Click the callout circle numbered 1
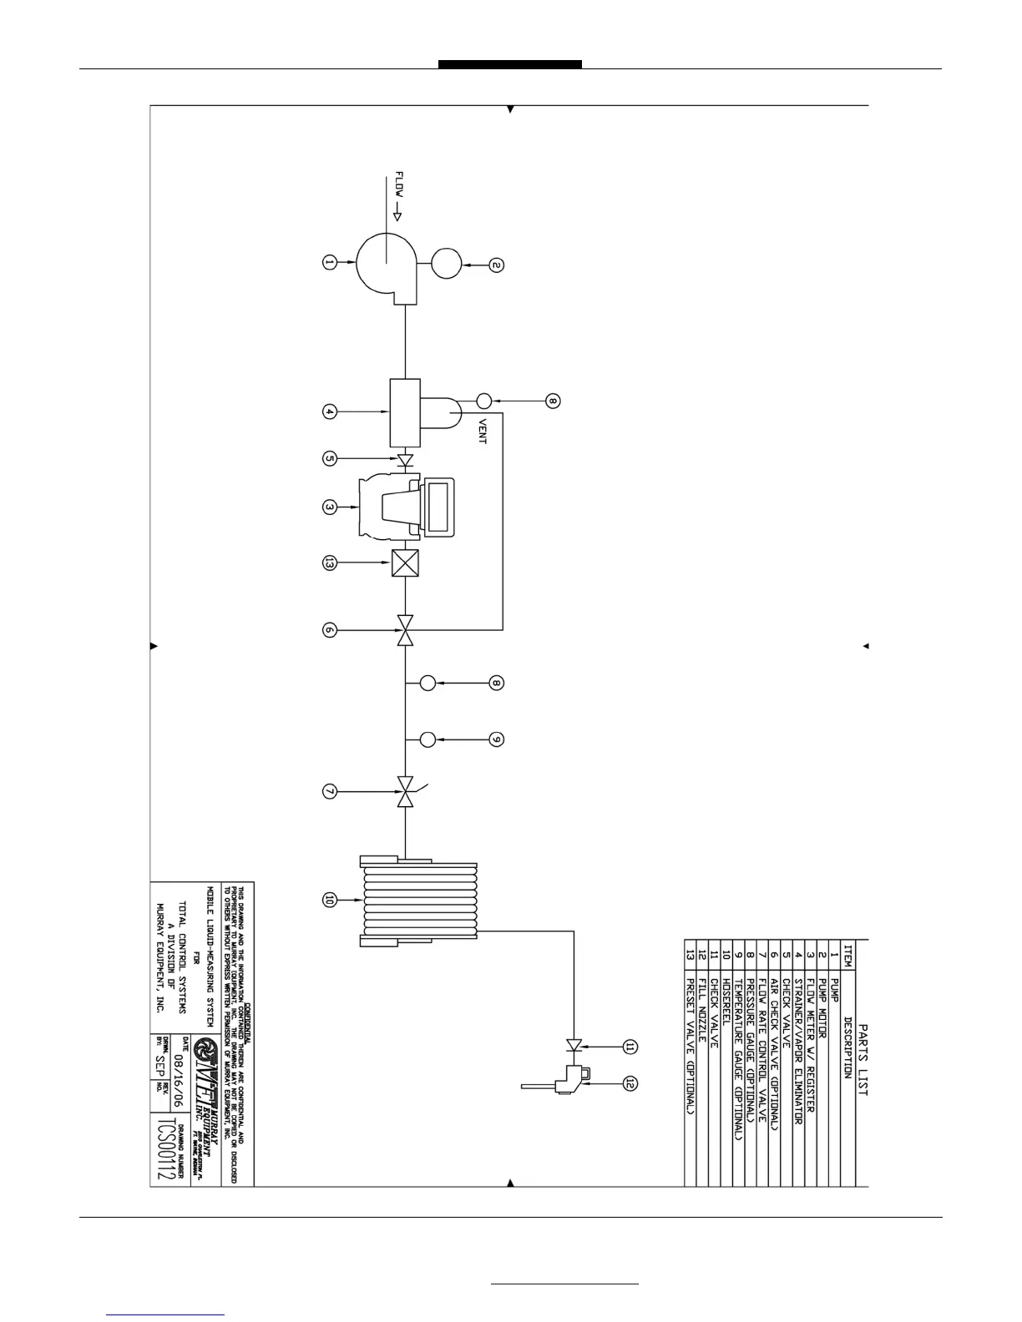329,263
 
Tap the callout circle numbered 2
496,265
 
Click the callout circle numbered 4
329,411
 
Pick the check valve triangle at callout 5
405,460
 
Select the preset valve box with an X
405,564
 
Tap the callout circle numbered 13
329,564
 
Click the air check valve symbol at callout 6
405,630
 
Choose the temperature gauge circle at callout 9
428,739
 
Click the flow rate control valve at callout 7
405,791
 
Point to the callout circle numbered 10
329,900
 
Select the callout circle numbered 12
631,1082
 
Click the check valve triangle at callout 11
573,1045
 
